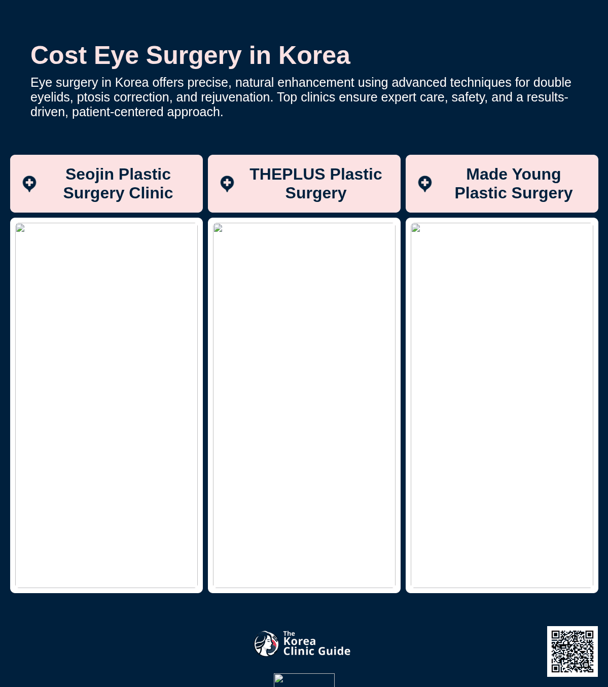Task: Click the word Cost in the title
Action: coord(59,55)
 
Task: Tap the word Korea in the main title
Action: coord(314,55)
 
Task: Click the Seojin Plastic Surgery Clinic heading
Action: coord(118,184)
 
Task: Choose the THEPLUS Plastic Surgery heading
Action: coord(316,184)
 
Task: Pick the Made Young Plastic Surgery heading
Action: coord(514,184)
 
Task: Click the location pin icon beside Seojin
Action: coord(29,184)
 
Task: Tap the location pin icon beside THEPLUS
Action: coord(227,184)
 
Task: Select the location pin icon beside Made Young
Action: coord(424,184)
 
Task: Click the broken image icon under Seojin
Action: coord(20,228)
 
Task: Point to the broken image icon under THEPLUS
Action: coord(218,228)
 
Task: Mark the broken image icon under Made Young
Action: coord(416,228)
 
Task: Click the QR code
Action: coord(572,651)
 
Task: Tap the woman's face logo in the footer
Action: coord(266,643)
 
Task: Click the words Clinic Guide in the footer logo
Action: coord(317,651)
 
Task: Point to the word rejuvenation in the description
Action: coord(237,97)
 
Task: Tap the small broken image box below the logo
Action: coord(304,680)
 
